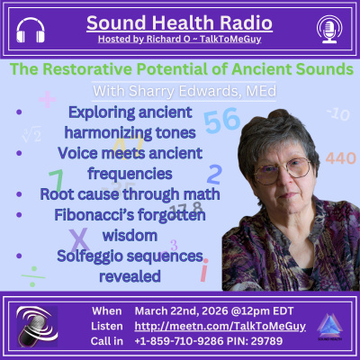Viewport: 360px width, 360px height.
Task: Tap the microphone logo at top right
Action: click(x=328, y=28)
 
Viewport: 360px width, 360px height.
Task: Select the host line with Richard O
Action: click(x=180, y=40)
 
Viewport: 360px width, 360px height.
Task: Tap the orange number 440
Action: click(x=341, y=158)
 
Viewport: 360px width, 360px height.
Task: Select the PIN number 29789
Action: click(x=283, y=339)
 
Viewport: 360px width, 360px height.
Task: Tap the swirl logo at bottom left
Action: click(x=37, y=325)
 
